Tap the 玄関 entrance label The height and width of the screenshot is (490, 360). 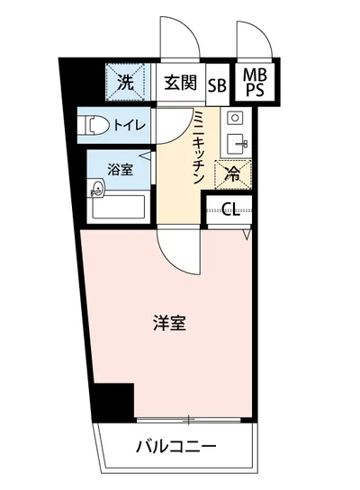coord(180,85)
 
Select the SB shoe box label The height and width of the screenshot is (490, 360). coord(217,85)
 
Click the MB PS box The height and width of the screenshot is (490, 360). coord(255,82)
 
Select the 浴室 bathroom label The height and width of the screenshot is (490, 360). coord(121,167)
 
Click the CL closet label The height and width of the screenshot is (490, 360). coord(230,211)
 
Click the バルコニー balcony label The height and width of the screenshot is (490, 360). coord(177,447)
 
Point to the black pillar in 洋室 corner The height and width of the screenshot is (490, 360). coord(115,400)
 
